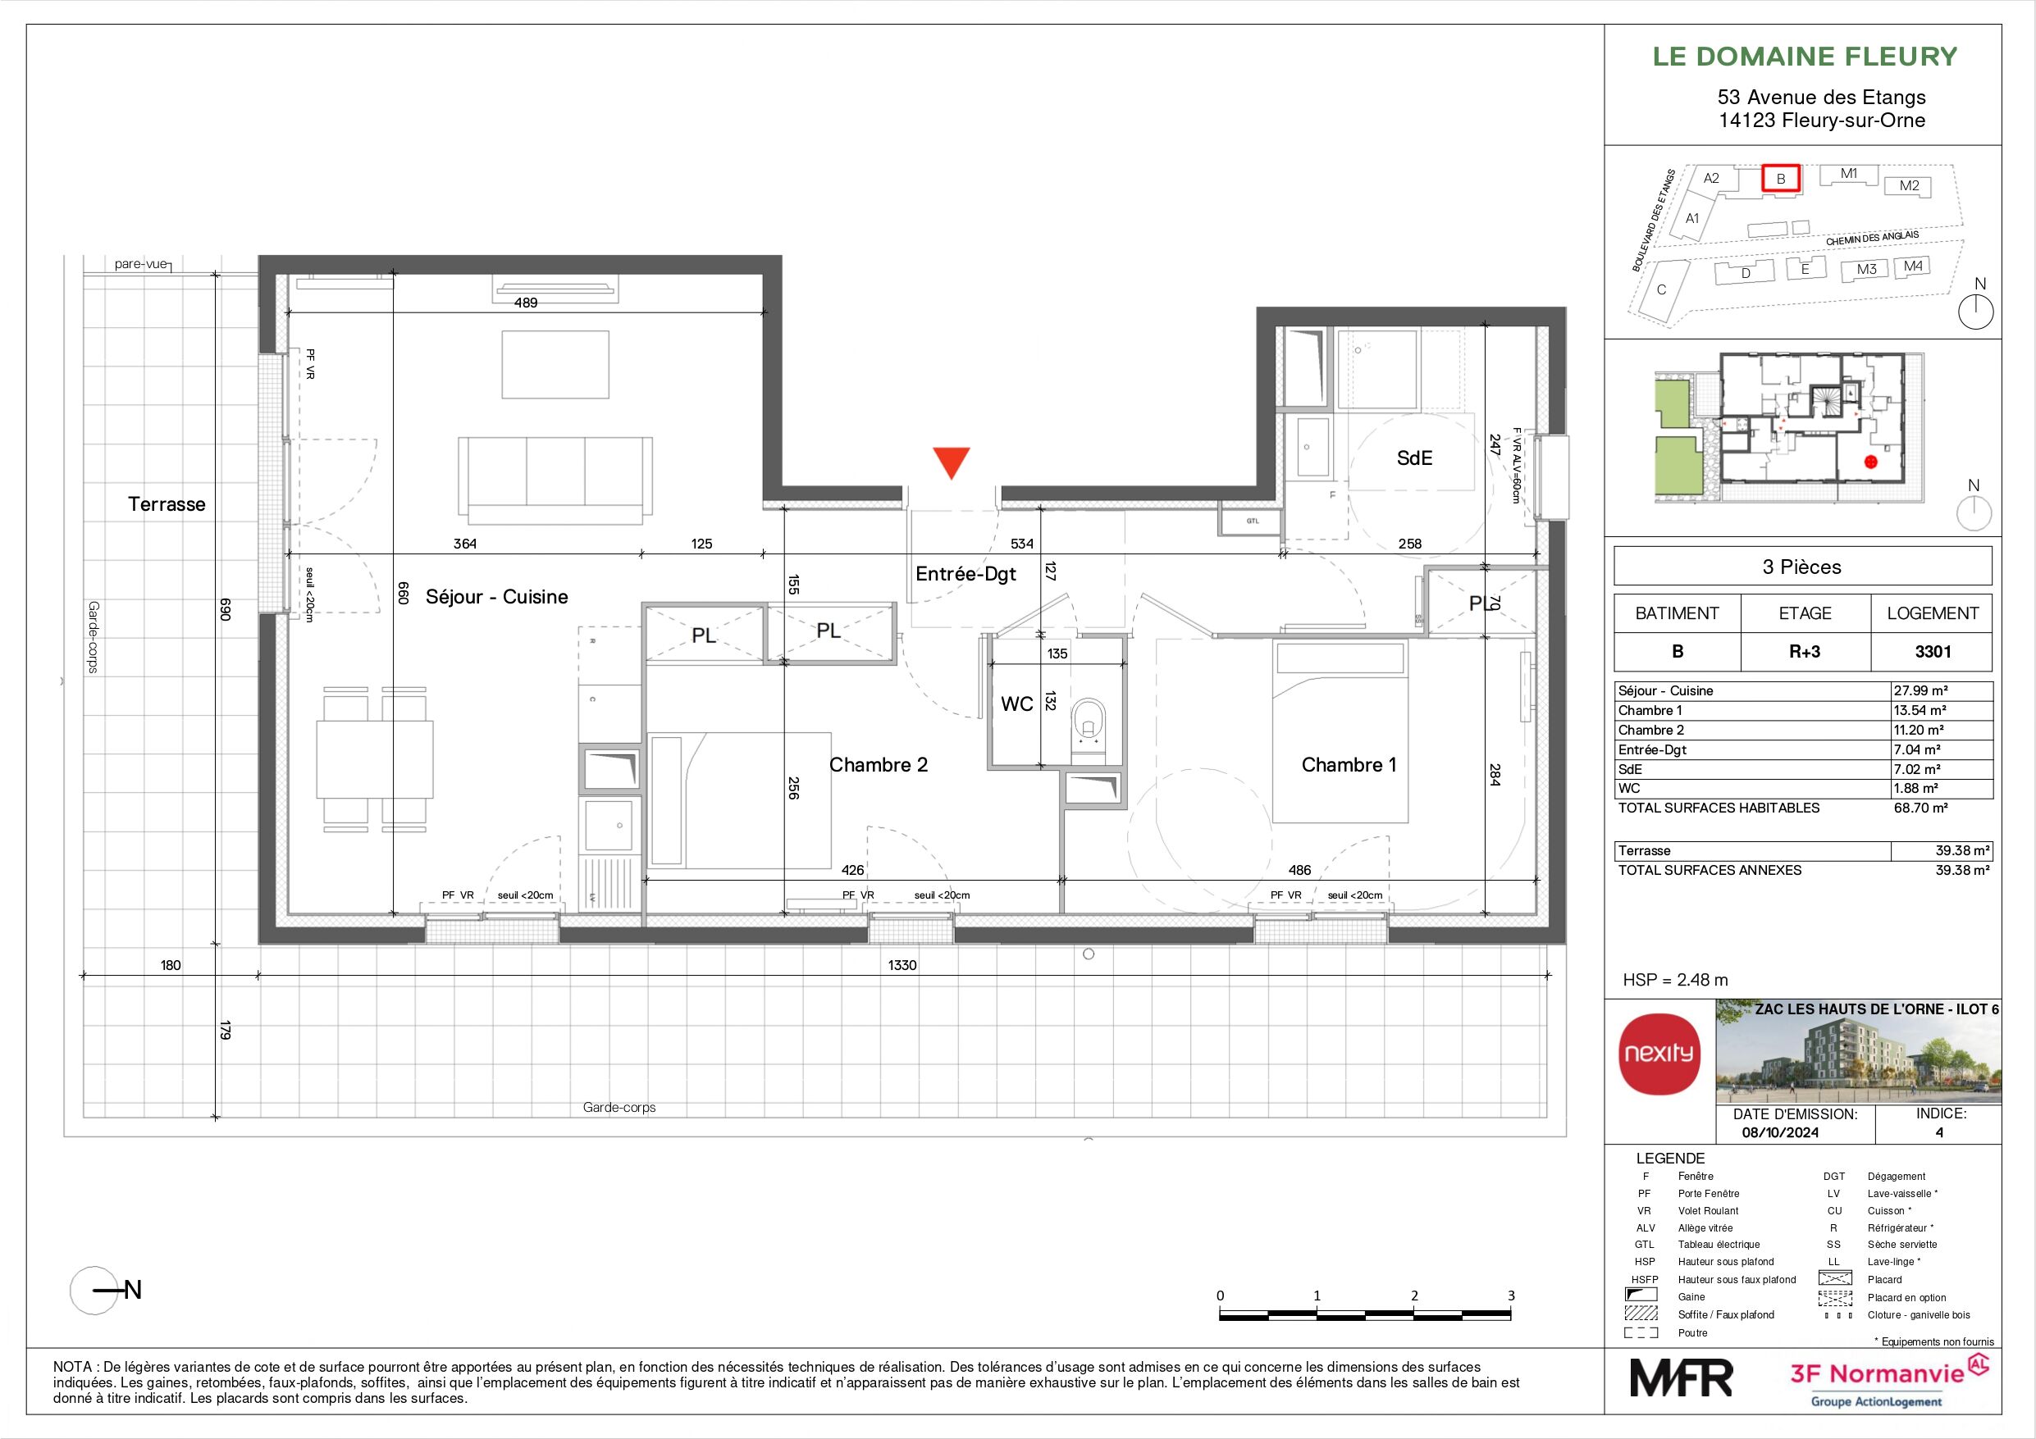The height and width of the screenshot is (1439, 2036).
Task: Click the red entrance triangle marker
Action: pyautogui.click(x=952, y=462)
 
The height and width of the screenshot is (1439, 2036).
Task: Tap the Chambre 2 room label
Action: pyautogui.click(x=878, y=765)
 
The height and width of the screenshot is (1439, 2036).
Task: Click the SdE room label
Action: pyautogui.click(x=1414, y=458)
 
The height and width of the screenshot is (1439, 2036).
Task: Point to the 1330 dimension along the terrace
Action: pyautogui.click(x=902, y=964)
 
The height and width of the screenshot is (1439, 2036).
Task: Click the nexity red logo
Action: pyautogui.click(x=1659, y=1054)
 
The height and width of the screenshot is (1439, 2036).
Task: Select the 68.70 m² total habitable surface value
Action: pyautogui.click(x=1920, y=808)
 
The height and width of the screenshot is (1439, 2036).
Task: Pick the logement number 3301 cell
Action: pyautogui.click(x=1933, y=652)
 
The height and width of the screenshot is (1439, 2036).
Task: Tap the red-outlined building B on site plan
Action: pyautogui.click(x=1780, y=178)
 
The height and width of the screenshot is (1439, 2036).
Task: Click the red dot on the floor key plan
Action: pyautogui.click(x=1871, y=462)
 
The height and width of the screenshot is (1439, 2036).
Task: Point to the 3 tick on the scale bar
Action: pyautogui.click(x=1511, y=1296)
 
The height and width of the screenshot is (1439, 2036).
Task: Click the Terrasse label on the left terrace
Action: pyautogui.click(x=167, y=504)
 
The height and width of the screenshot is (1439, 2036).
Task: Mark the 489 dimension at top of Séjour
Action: pyautogui.click(x=526, y=303)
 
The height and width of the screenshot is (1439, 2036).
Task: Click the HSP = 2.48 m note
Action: pyautogui.click(x=1675, y=980)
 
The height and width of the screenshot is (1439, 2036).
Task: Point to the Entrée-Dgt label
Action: pyautogui.click(x=966, y=575)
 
